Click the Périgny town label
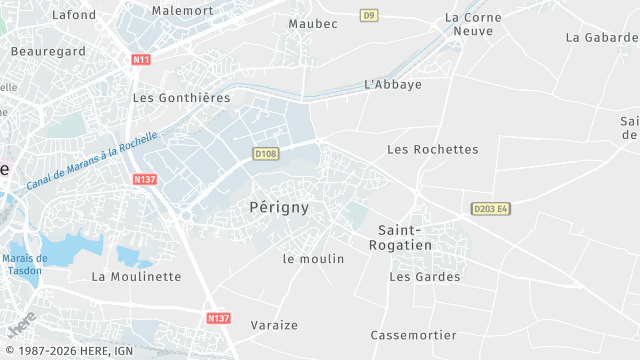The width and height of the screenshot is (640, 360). coord(278,208)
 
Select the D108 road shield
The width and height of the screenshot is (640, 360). coord(265,153)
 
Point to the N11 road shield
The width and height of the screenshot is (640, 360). coord(141,60)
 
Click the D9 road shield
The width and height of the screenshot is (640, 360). coord(369,15)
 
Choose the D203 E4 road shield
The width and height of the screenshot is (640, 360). coord(491,208)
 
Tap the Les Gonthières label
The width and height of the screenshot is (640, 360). coord(181,98)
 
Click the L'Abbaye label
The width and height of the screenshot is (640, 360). coord(393,85)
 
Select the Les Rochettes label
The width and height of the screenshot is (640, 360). coord(432,150)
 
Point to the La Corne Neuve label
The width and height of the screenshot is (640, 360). coord(469,24)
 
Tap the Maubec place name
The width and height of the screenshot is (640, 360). coord(312,23)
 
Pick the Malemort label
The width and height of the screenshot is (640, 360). coord(183,10)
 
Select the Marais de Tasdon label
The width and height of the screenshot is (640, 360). coord(25,264)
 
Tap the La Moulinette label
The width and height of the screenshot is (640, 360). coord(136,277)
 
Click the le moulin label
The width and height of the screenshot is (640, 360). coord(313,259)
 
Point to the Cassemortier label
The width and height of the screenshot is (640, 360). coord(413,335)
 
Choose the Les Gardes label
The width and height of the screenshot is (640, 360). coord(425,277)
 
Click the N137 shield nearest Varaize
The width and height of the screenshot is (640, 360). coord(219,318)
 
